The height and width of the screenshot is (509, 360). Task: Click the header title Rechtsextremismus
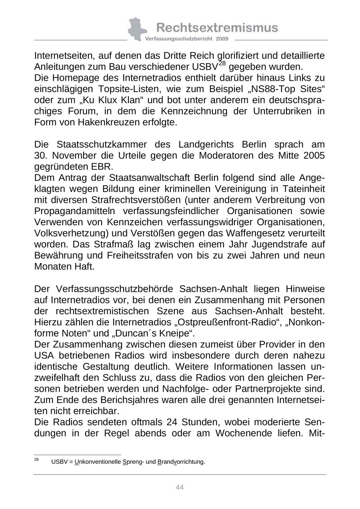[x=217, y=28]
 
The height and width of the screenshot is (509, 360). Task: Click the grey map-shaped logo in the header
[x=137, y=29]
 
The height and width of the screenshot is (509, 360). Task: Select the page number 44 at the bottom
[x=180, y=487]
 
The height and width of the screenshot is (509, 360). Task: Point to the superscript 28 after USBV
[x=222, y=63]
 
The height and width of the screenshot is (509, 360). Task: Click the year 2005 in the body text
[x=314, y=155]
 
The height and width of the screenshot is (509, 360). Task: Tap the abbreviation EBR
[x=103, y=166]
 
